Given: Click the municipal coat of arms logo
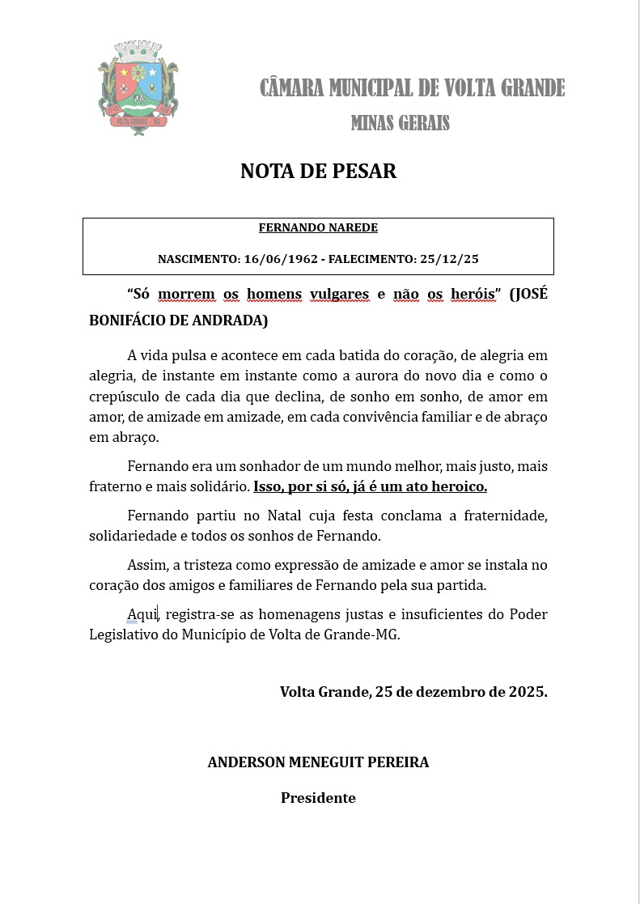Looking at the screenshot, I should click(138, 88).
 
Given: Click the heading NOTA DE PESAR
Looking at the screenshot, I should click(318, 172).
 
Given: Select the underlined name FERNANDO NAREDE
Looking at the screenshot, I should click(318, 228).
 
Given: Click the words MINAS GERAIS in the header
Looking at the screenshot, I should click(400, 123).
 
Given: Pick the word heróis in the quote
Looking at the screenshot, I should click(473, 294).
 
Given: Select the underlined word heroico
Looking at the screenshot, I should click(459, 487).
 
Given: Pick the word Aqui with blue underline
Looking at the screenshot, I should click(142, 614).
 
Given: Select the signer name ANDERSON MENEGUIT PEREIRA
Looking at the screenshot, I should click(318, 762).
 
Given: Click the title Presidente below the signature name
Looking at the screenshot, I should click(318, 798).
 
